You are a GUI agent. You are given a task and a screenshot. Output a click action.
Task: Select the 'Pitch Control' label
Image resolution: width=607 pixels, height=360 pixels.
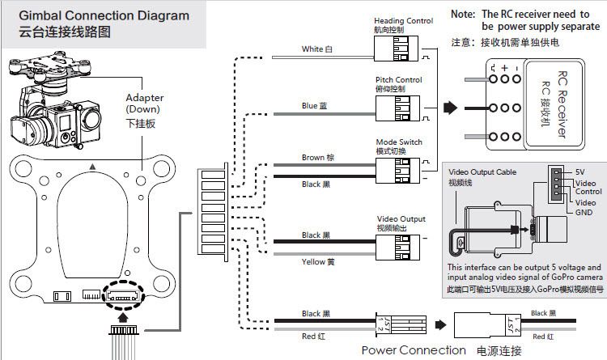397,80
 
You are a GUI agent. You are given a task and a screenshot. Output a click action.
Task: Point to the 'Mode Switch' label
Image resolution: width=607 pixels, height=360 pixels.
399,142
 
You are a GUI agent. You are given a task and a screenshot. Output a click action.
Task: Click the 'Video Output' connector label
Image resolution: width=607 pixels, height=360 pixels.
401,219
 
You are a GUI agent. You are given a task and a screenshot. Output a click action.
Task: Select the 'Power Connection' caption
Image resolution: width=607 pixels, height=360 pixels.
414,350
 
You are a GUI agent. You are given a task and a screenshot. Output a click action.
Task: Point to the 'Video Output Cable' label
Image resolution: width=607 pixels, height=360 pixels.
482,172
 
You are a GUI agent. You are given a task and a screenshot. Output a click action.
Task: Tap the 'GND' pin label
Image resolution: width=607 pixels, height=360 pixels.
584,212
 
